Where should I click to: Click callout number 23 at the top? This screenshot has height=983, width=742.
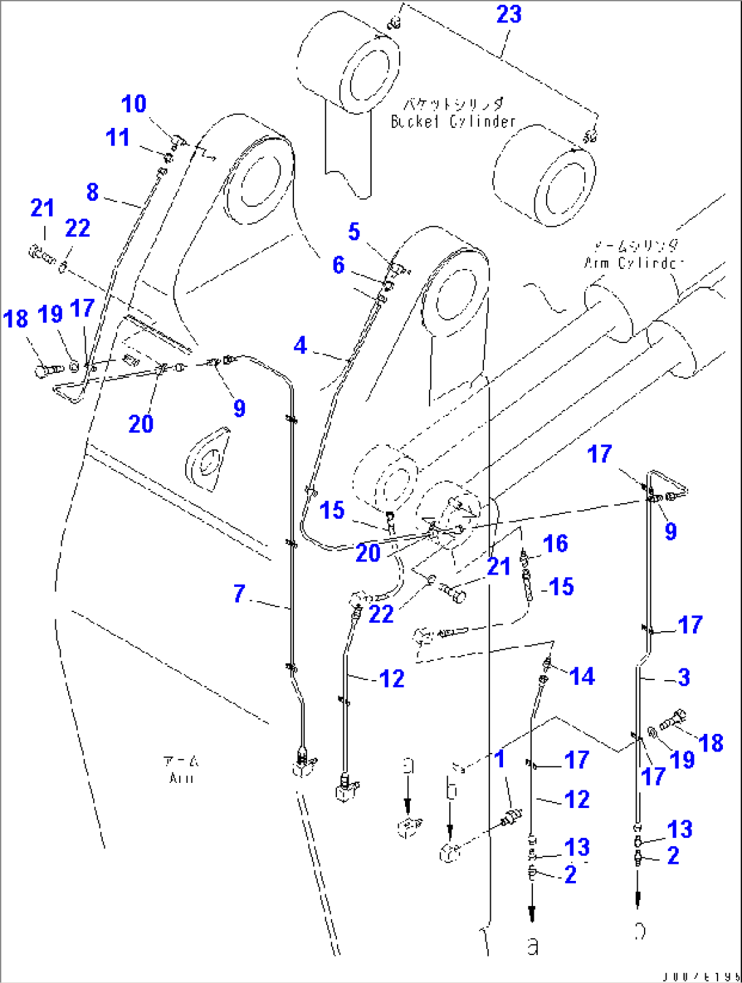click(509, 14)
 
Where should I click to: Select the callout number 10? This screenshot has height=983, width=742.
click(133, 104)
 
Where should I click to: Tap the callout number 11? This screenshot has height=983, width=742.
click(118, 138)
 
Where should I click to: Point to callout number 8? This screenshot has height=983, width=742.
click(93, 192)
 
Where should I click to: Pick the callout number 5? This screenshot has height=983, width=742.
click(354, 231)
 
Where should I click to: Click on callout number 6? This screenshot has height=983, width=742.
click(338, 265)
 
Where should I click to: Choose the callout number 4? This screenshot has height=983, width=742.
click(300, 346)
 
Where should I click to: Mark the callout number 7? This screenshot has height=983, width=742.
click(239, 594)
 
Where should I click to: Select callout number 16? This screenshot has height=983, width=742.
click(555, 543)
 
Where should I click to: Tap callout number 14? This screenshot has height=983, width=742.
click(581, 676)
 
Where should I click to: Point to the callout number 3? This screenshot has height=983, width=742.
click(683, 677)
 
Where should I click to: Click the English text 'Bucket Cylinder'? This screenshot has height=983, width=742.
click(453, 122)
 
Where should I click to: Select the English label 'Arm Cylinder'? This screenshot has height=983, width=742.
click(633, 263)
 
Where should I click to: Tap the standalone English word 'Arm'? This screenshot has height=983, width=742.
click(181, 777)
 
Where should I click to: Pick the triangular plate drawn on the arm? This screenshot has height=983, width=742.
click(207, 459)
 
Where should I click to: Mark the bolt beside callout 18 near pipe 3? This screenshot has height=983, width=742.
click(673, 720)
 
